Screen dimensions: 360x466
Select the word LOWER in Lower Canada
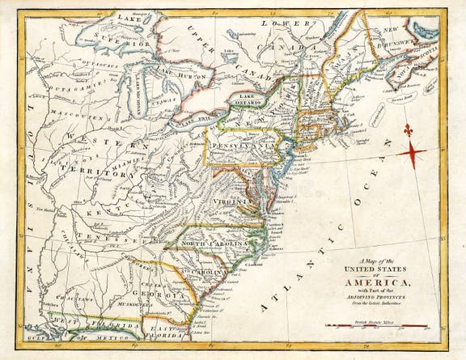point(290,25)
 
